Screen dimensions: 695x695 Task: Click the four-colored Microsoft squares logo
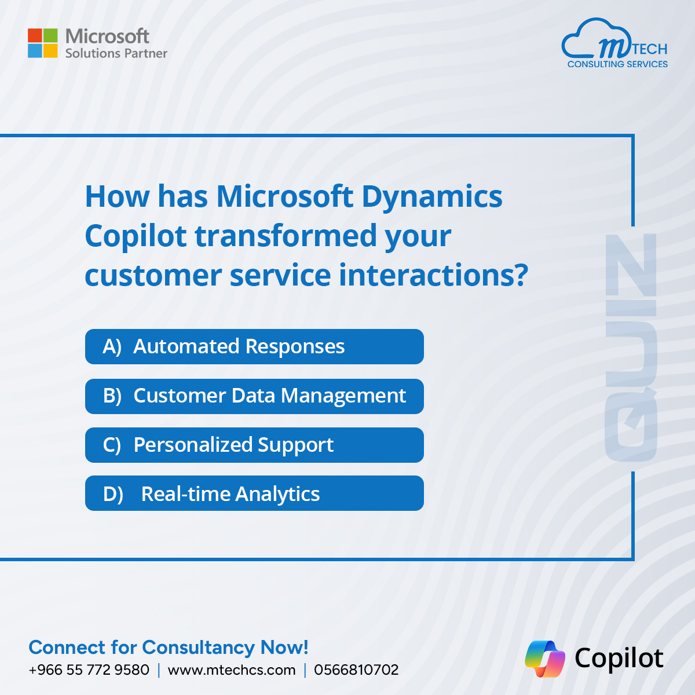42,43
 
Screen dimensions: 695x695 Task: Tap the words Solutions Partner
116,53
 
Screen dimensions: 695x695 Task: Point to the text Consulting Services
617,64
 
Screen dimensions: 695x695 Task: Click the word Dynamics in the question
431,197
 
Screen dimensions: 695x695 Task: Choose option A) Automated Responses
254,346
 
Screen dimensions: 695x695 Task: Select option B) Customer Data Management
254,396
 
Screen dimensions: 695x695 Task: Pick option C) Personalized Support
254,445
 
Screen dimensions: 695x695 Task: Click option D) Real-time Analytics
254,493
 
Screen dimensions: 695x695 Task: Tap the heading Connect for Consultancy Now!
169,648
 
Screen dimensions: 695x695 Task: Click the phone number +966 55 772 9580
89,670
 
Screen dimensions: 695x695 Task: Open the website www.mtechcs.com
232,670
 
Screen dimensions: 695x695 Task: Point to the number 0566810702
356,670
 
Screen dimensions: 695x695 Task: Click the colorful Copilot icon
545,659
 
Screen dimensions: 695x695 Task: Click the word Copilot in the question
136,237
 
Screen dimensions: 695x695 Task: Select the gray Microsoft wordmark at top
107,36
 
